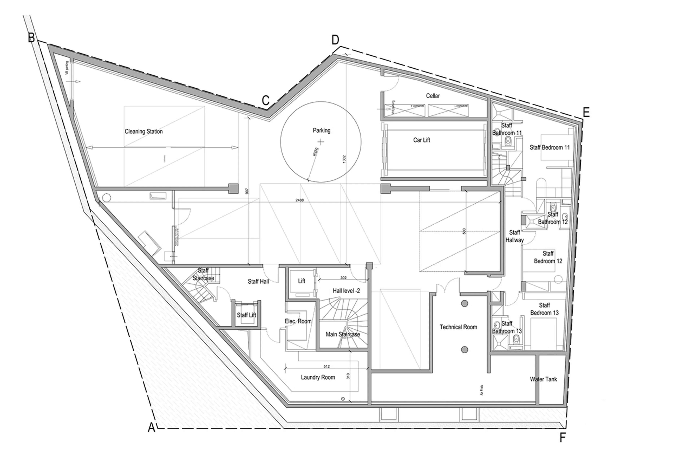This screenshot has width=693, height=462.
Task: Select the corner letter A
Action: (x=151, y=427)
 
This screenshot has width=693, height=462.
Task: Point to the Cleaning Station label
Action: (x=143, y=131)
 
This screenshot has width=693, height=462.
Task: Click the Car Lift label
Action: (x=421, y=140)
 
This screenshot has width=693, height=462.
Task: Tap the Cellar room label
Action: (x=432, y=96)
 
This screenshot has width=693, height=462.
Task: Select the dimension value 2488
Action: (x=300, y=200)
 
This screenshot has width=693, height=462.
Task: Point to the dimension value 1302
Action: (x=344, y=159)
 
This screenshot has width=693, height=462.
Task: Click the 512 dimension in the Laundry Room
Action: (x=326, y=366)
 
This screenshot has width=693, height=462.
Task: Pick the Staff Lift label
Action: (x=246, y=315)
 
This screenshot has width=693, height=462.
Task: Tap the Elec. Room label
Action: (x=298, y=321)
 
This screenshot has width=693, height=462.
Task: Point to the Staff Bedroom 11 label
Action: (x=549, y=147)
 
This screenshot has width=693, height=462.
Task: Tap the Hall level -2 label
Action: (x=346, y=291)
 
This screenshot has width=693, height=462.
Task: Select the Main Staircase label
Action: (x=343, y=334)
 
